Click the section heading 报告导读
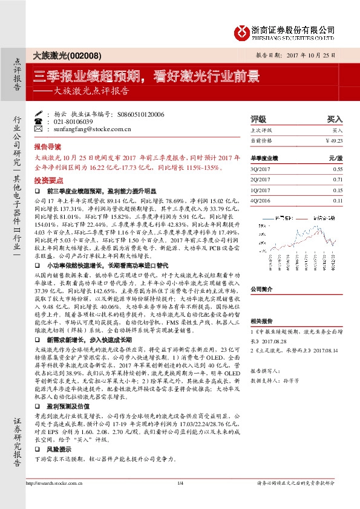[47, 147]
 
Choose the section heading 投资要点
[47, 180]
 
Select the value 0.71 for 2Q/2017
[338, 180]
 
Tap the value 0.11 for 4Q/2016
[338, 201]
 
